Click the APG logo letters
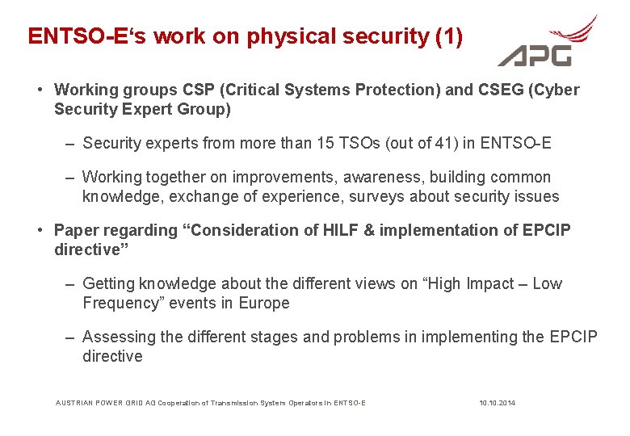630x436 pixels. [535, 54]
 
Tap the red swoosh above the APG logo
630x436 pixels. [570, 31]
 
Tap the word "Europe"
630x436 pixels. [263, 303]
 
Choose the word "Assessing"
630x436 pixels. [118, 337]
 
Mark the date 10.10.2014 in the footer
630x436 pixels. [497, 402]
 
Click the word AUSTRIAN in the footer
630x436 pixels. [74, 402]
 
